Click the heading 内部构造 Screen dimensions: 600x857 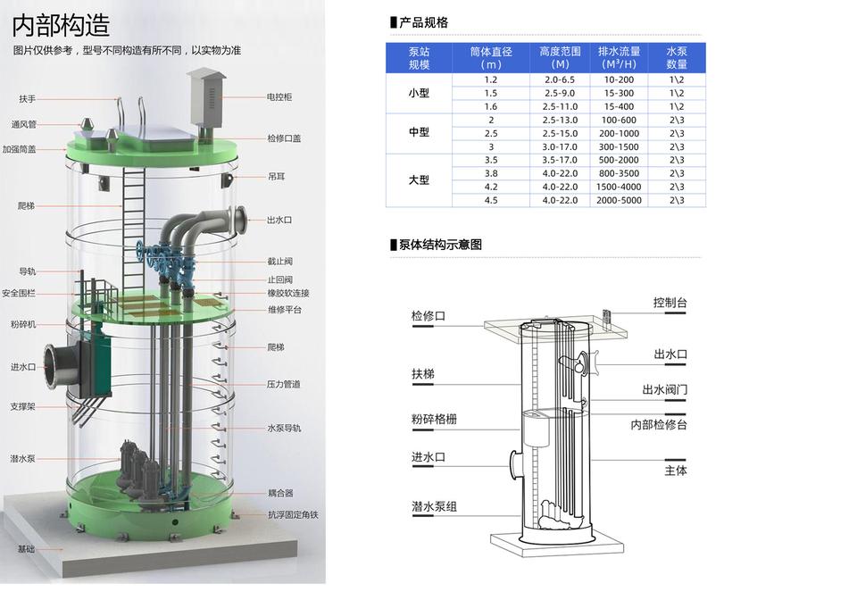61,23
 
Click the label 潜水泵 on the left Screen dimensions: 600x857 22,458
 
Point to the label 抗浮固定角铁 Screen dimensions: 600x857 293,515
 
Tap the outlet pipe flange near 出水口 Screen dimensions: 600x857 241,219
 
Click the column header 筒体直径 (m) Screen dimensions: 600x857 490,58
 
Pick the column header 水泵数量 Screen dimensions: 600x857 677,58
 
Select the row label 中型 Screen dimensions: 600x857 419,132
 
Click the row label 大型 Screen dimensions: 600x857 419,179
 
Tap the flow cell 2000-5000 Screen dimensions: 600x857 619,200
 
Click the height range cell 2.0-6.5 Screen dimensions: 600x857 560,79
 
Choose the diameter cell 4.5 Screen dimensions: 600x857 490,200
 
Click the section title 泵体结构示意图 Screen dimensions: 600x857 437,245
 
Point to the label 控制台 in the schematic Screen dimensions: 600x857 670,304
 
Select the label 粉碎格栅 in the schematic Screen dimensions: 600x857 434,419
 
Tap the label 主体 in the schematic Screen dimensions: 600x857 676,471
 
